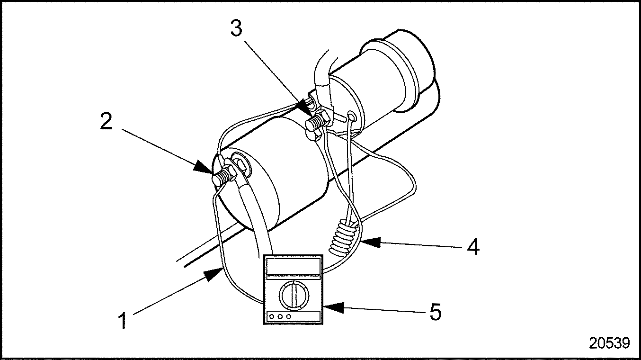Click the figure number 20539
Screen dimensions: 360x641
point(609,343)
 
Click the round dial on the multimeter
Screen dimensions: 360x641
point(294,294)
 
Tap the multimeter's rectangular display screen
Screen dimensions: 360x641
point(294,267)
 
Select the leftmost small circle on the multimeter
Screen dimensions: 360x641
point(272,316)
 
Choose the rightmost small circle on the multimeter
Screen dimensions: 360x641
point(288,316)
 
